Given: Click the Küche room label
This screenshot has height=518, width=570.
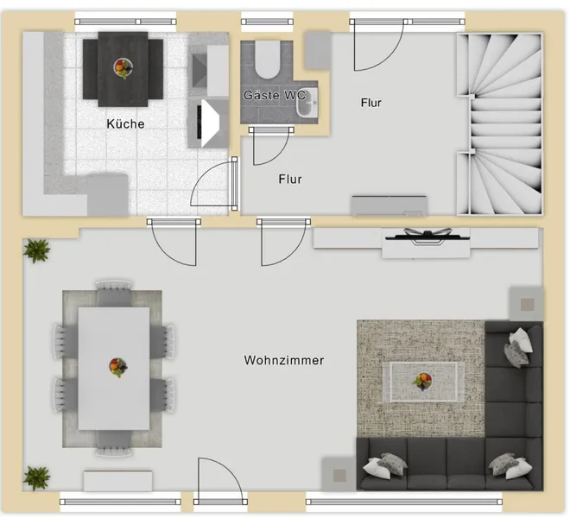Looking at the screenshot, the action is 125,124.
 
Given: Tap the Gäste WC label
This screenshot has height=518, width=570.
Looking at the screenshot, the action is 275,95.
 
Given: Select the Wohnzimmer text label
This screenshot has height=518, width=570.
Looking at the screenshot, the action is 284,360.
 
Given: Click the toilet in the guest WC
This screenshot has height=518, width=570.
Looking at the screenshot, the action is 267,60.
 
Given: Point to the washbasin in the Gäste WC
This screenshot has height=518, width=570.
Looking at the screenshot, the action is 307,104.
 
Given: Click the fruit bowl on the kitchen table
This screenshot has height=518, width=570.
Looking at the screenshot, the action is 123,68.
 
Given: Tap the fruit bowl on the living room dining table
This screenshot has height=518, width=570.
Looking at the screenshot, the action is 118,368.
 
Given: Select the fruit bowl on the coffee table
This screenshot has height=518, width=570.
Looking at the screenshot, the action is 422,382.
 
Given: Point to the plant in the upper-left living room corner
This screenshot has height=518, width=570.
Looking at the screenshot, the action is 36,250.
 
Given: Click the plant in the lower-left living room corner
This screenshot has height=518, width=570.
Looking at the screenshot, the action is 37,477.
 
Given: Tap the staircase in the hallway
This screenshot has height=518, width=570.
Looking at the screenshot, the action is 500,124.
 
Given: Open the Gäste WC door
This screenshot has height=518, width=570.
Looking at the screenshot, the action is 272,145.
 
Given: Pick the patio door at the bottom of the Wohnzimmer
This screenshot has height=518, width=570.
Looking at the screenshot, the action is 220,480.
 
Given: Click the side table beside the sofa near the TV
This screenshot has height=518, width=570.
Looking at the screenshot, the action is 527,304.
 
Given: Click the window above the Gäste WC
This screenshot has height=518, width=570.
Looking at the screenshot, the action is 267,22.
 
